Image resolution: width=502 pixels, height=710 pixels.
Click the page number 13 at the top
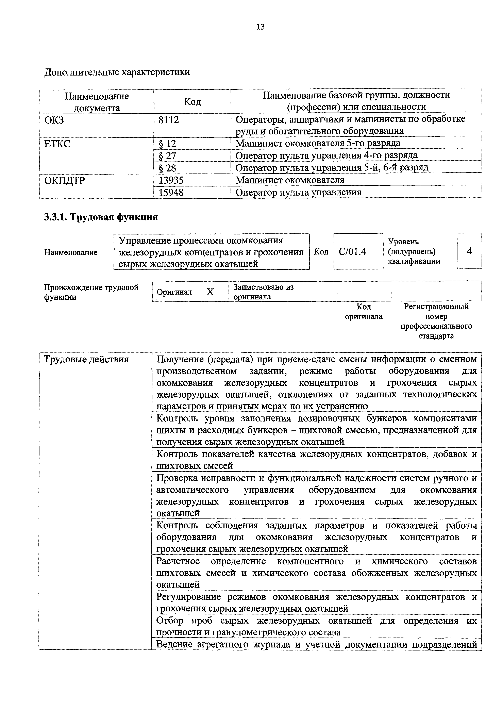click(x=260, y=27)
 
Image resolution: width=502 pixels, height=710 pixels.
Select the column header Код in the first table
click(x=192, y=101)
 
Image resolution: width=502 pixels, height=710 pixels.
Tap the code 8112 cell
click(x=169, y=120)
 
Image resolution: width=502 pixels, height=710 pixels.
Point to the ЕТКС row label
click(x=57, y=144)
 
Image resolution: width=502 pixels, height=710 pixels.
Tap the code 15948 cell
click(x=171, y=192)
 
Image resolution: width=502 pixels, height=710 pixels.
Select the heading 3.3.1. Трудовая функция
click(x=101, y=217)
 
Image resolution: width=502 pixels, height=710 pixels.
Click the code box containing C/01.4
click(x=358, y=251)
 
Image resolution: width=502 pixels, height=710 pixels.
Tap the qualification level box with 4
click(x=469, y=251)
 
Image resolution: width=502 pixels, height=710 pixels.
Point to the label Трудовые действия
click(x=86, y=359)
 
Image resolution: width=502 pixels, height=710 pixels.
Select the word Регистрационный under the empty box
click(x=436, y=307)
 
